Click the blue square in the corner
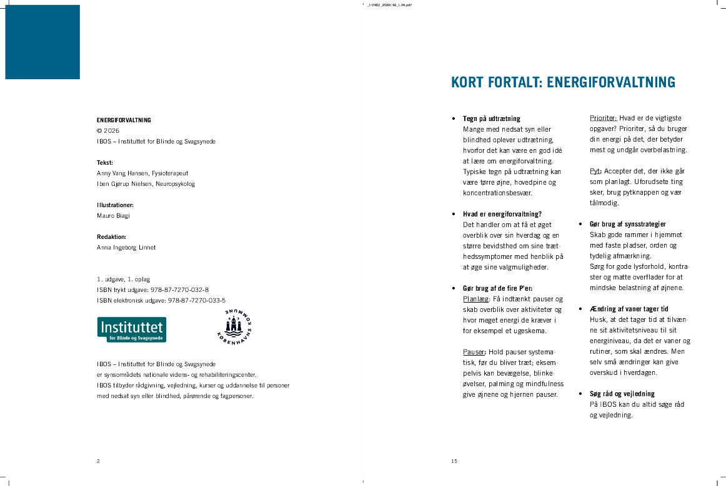(x=42, y=42)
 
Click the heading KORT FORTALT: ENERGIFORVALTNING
(x=563, y=82)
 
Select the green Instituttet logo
(x=132, y=329)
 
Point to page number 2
(x=98, y=461)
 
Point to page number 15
(x=454, y=461)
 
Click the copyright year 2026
(x=112, y=131)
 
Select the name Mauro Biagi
(x=113, y=216)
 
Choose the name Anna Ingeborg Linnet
(x=126, y=248)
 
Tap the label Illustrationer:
(x=115, y=205)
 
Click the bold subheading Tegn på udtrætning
(x=492, y=119)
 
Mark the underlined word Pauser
(x=474, y=352)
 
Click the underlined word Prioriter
(x=603, y=118)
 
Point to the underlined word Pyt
(x=595, y=171)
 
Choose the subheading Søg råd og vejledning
(x=622, y=394)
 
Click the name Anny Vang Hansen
(x=123, y=173)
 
